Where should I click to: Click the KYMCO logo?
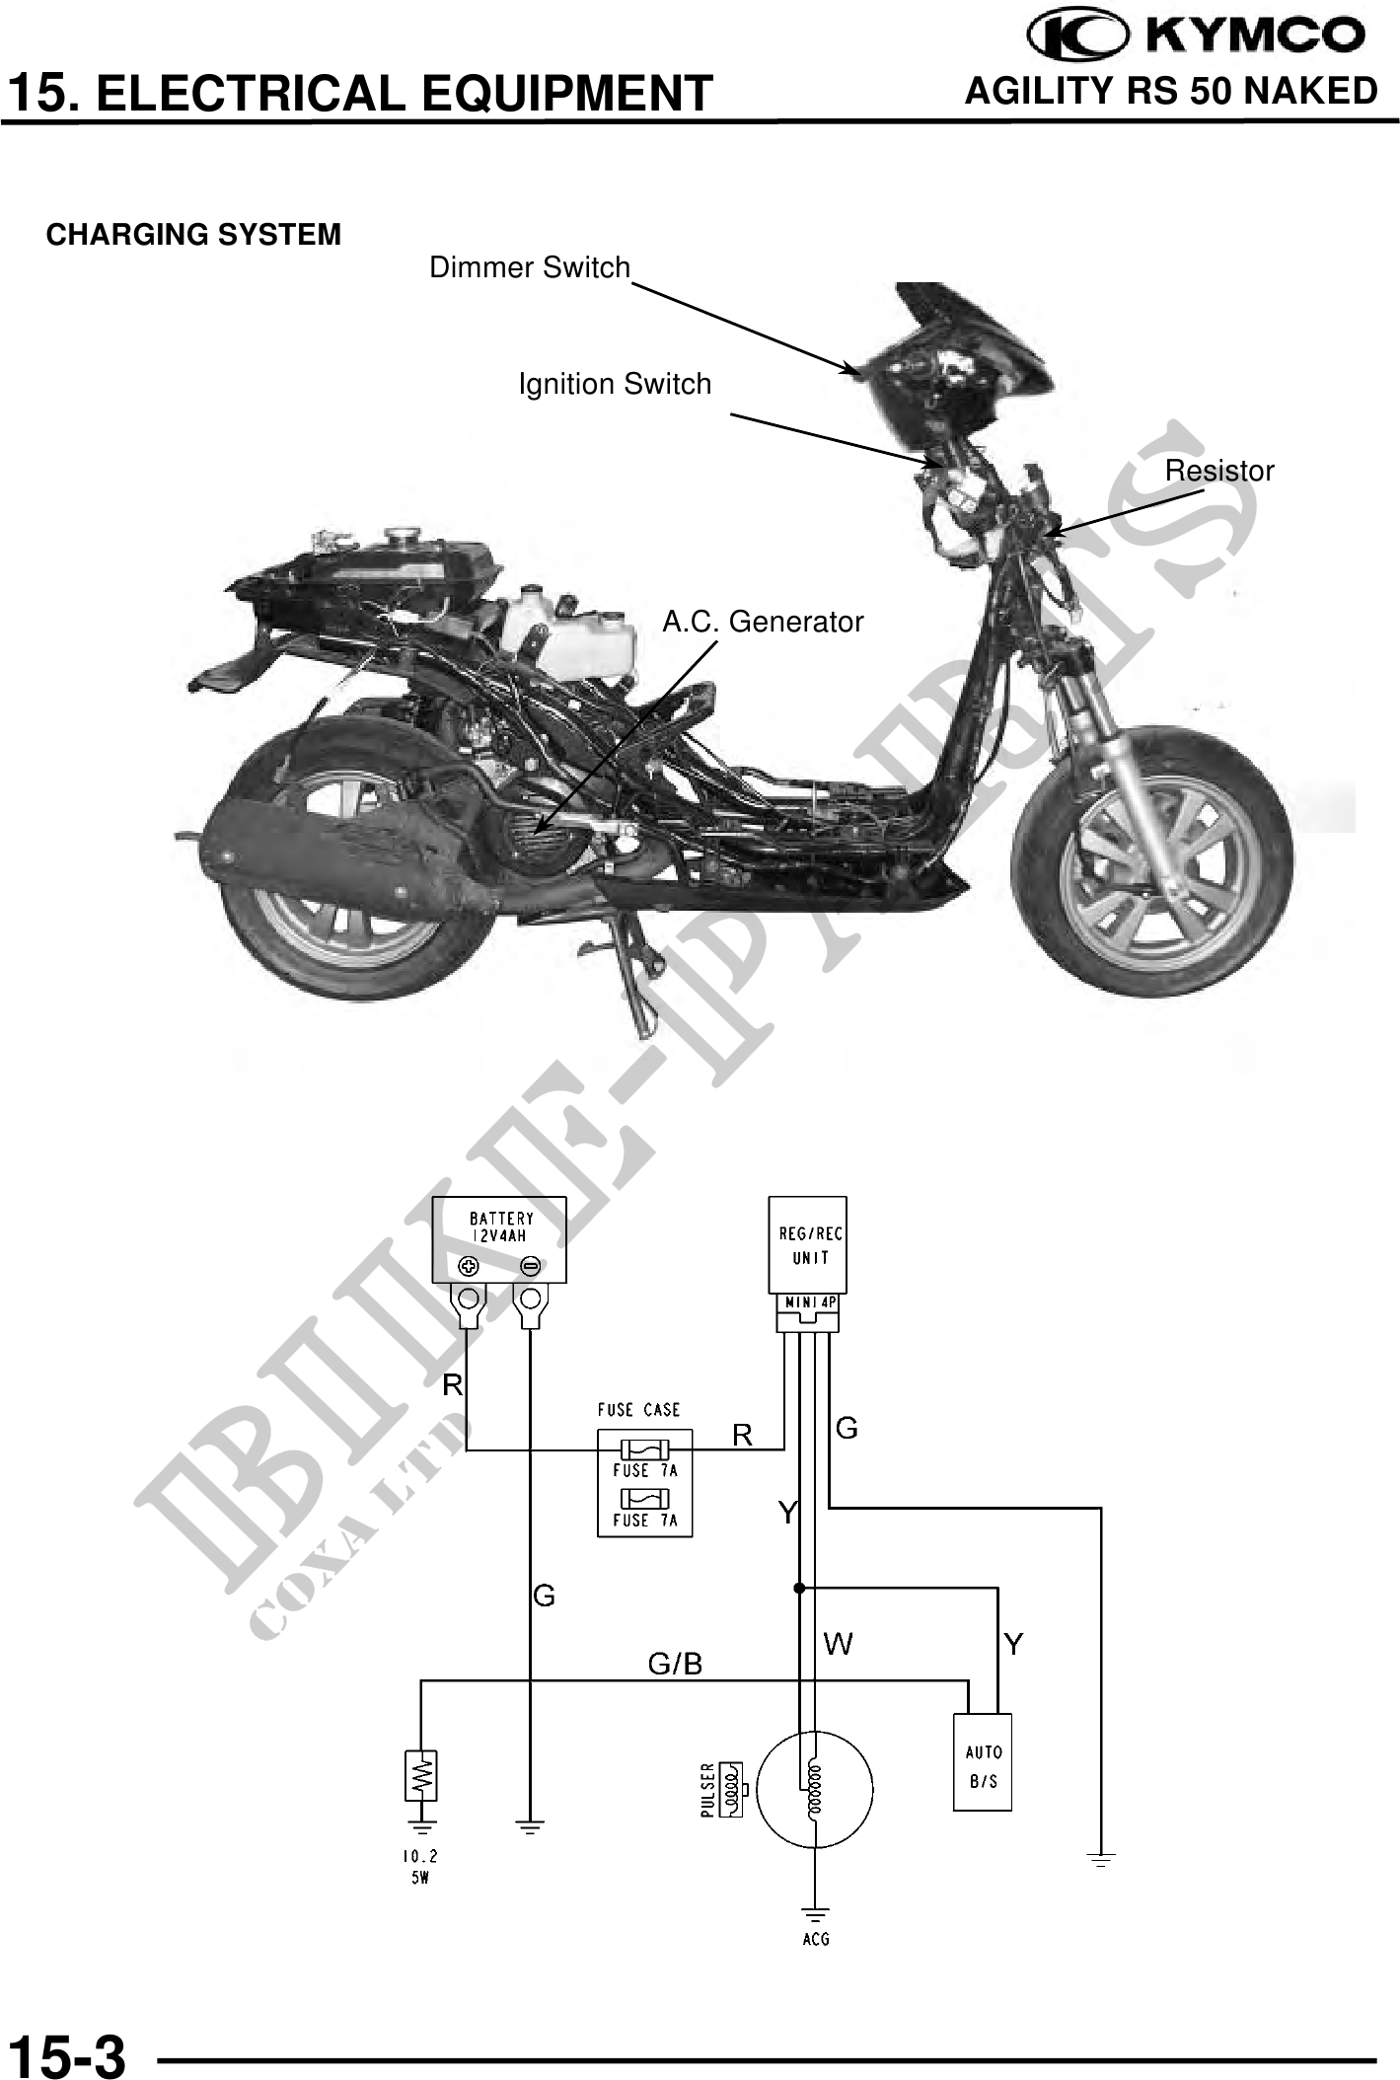point(1196,36)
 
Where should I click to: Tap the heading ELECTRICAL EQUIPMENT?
point(359,94)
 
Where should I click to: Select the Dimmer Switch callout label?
point(529,267)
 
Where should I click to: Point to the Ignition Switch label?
point(615,384)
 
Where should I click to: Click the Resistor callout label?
point(1219,471)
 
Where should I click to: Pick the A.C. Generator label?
point(763,622)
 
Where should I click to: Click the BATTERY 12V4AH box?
point(500,1239)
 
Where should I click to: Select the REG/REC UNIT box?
point(808,1244)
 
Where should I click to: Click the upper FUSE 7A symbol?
point(644,1449)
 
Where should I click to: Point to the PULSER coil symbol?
point(731,1788)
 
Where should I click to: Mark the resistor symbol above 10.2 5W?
point(421,1776)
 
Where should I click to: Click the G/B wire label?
point(675,1665)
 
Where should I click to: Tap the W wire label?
point(839,1644)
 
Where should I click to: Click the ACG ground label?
point(816,1939)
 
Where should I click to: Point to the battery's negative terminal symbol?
point(531,1266)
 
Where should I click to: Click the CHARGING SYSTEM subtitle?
point(193,235)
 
